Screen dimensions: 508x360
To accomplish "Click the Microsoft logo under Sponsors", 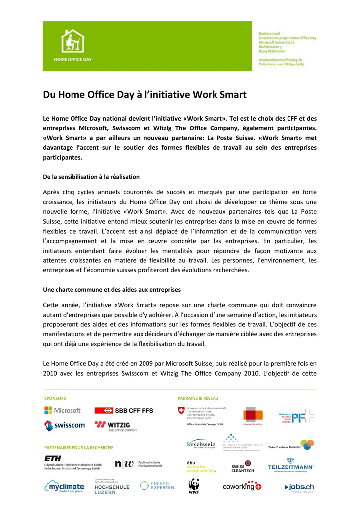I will [63, 410].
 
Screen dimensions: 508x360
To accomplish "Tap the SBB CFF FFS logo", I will [124, 410].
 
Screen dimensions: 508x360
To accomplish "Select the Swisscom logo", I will [64, 425].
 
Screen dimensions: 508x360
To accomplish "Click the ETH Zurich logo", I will [72, 462].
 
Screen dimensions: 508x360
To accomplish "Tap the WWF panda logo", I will [194, 486].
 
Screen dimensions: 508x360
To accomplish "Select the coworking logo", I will [242, 486].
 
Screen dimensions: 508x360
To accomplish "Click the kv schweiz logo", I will [201, 444].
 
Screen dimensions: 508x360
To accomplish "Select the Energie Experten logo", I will [157, 485].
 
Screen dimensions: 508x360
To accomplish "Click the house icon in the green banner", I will [72, 42].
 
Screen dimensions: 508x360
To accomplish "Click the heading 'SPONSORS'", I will [55, 398].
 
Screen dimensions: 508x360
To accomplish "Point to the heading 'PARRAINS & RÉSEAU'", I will [198, 398].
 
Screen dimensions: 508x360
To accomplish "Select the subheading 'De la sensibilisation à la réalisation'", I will [91, 176].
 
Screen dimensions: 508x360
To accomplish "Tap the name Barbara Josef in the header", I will [271, 33].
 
